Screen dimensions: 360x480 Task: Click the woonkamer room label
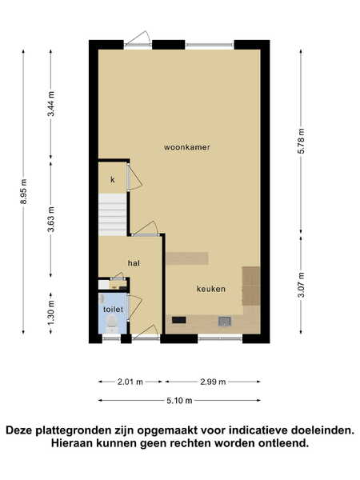click(186, 147)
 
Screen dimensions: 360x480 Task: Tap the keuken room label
click(211, 289)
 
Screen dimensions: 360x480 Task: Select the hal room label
click(134, 263)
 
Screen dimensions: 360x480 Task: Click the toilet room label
click(113, 309)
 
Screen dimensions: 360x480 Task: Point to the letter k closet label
click(112, 180)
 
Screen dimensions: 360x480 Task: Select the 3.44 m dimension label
click(51, 104)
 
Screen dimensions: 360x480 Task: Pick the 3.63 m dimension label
click(51, 219)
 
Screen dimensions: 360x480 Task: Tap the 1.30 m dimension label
click(51, 312)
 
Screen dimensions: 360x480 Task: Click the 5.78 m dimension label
click(302, 141)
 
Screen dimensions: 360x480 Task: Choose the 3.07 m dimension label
click(302, 285)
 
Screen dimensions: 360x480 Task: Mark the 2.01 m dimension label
click(130, 382)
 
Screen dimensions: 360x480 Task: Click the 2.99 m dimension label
click(213, 382)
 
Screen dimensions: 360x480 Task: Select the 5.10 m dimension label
click(179, 401)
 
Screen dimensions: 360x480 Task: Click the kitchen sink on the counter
click(224, 321)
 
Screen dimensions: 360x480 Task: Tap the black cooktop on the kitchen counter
click(178, 320)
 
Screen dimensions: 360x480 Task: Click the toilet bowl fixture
click(112, 323)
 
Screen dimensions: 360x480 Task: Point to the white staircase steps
click(112, 214)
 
